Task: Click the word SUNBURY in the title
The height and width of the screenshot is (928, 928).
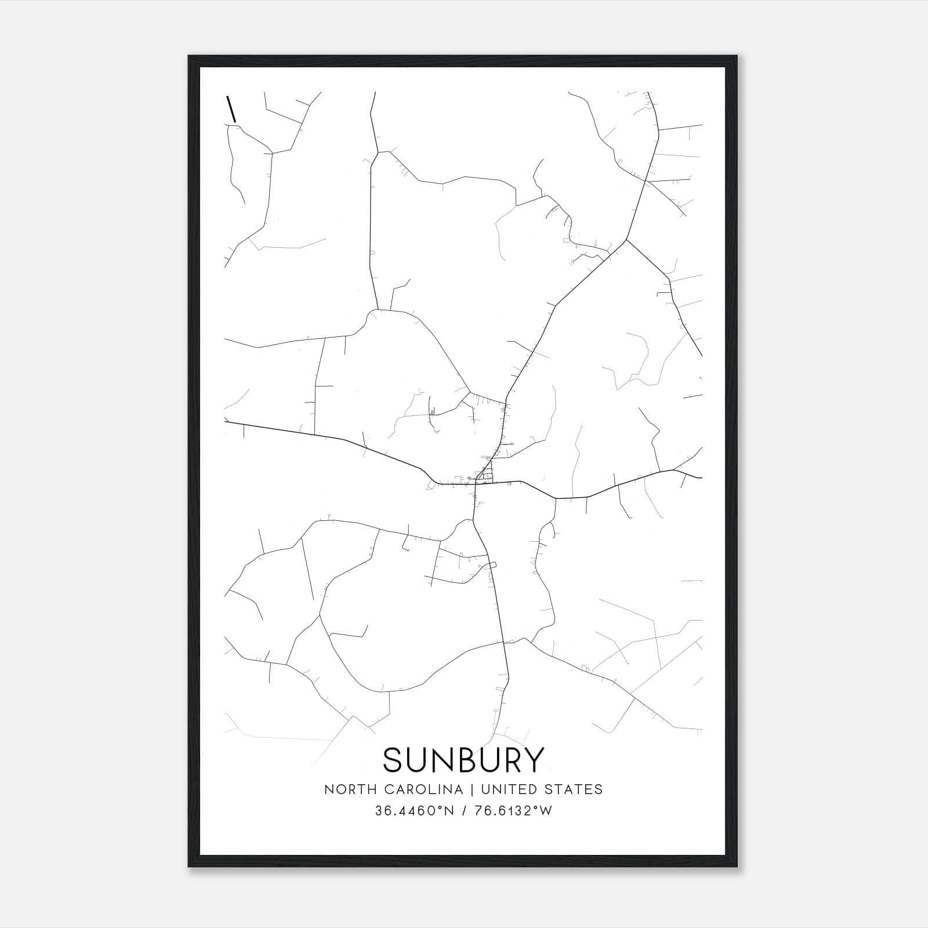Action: (x=463, y=759)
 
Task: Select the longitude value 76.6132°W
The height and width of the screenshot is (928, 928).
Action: (x=513, y=811)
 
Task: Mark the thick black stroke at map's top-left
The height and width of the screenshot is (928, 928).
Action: (x=231, y=109)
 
